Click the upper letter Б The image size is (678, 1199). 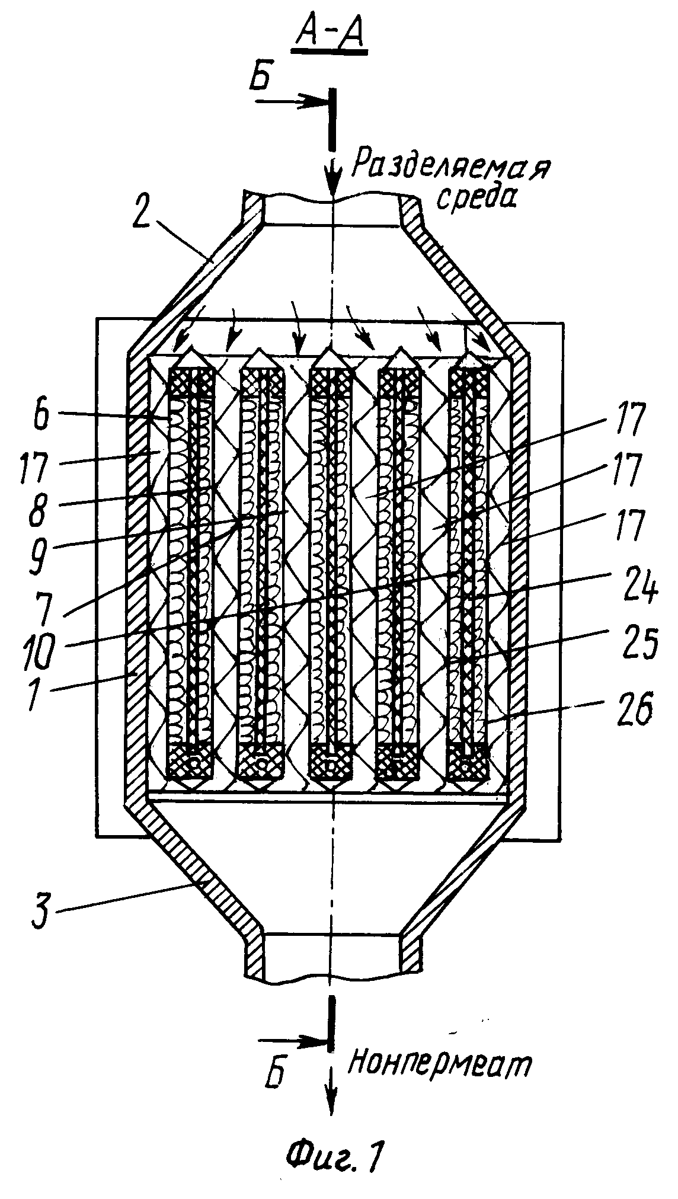[259, 80]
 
